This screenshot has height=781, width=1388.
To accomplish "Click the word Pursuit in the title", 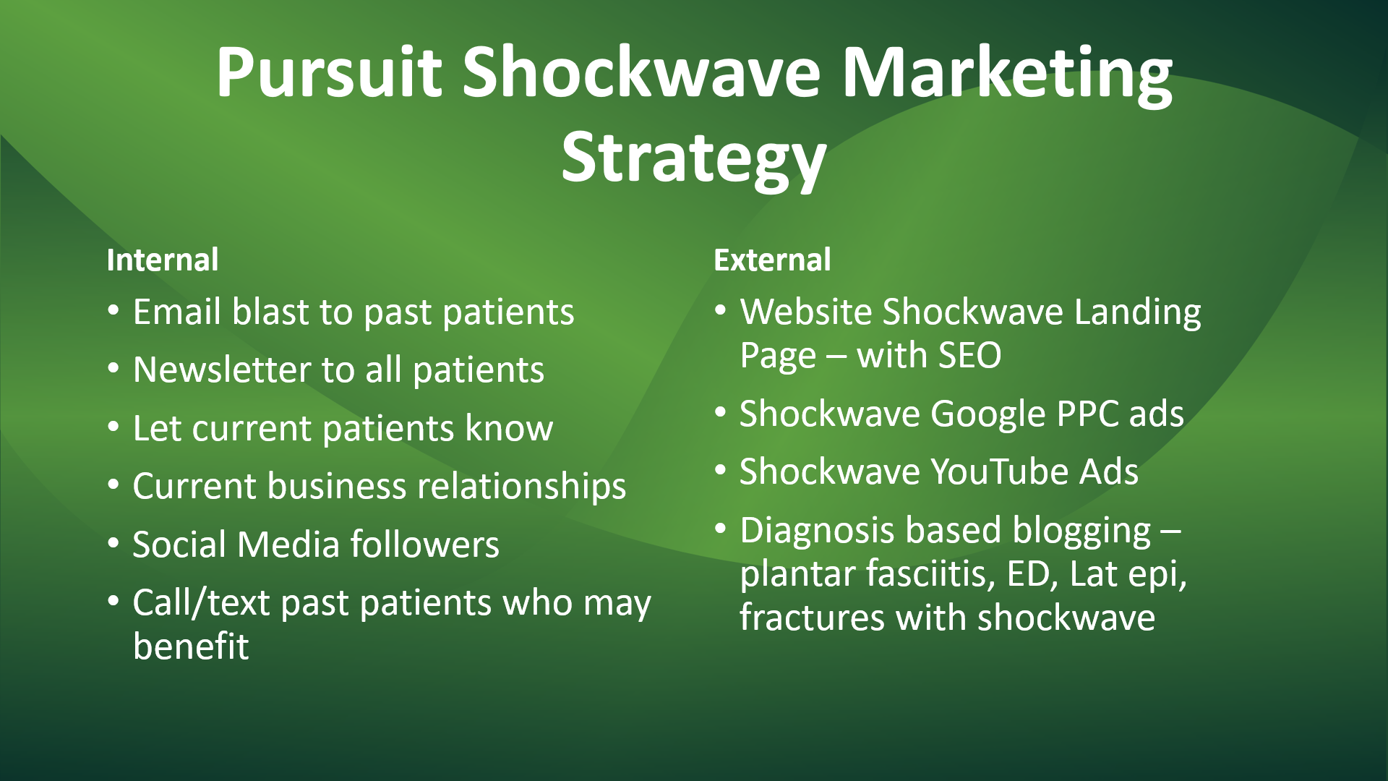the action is click(x=329, y=72).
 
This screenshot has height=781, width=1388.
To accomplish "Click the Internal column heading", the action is click(x=163, y=260).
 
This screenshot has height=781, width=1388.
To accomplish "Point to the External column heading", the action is click(x=772, y=260).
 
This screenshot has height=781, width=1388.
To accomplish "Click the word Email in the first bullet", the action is click(x=176, y=312).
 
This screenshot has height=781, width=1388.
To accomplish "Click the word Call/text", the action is click(x=202, y=604).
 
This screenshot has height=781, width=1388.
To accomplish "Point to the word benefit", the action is click(x=191, y=646).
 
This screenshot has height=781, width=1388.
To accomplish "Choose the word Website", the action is click(x=806, y=312).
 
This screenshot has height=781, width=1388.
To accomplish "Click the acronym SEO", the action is click(x=967, y=356).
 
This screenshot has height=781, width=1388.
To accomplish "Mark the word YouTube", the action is click(x=999, y=472).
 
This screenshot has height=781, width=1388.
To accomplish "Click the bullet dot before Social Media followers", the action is click(x=113, y=542).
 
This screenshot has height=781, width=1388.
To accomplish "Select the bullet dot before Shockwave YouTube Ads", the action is click(x=720, y=470).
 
